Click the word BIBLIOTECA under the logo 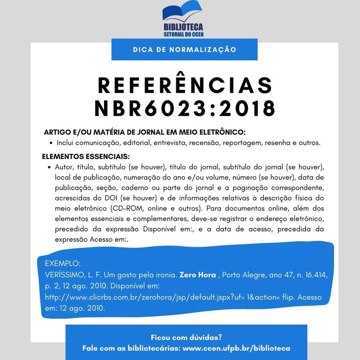183,28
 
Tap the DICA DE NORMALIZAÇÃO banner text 184,49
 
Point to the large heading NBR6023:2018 185,109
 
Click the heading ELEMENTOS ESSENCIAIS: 86,156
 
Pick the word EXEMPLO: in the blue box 63,262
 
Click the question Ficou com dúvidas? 186,337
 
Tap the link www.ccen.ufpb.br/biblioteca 236,348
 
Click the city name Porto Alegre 242,274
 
